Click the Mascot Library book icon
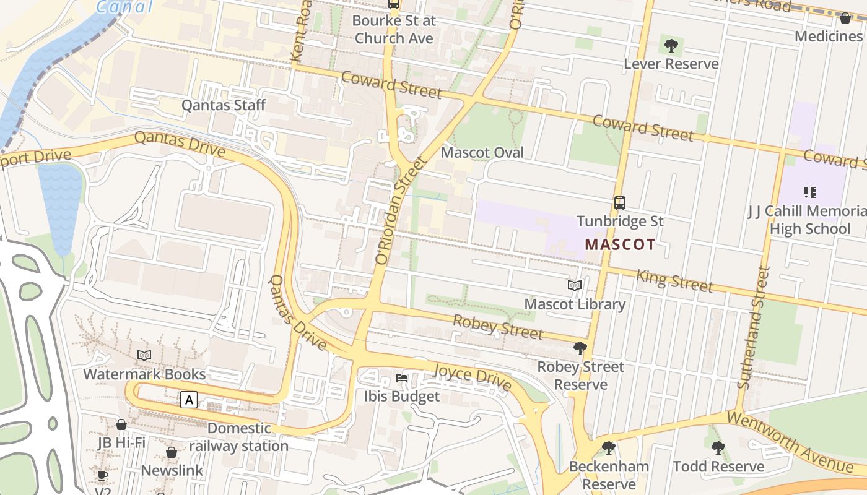[575, 285]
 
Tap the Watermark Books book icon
[144, 355]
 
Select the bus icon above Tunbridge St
[619, 202]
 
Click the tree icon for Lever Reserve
[671, 45]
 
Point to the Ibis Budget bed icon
[401, 378]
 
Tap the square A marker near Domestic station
[189, 400]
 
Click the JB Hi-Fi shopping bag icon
[121, 424]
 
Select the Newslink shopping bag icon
[172, 452]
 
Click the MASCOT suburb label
[620, 244]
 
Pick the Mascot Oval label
[482, 152]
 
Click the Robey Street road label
[498, 327]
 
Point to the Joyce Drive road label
[473, 377]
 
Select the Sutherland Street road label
[754, 327]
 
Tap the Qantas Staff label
[223, 105]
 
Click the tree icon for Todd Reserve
[718, 448]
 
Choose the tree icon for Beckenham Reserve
[609, 448]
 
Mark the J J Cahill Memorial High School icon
[809, 192]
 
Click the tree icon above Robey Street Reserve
[580, 348]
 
